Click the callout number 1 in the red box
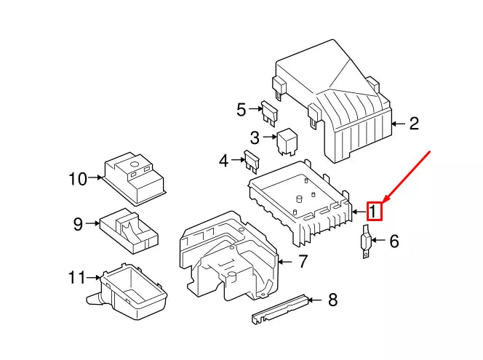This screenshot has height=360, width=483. click(374, 211)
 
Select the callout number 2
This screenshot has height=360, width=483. click(413, 124)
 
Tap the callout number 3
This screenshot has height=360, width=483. click(255, 137)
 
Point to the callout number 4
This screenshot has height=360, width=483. click(225, 159)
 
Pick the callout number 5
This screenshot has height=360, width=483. click(242, 110)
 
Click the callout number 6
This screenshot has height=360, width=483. click(394, 241)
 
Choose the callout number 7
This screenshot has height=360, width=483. click(303, 260)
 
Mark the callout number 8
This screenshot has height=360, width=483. click(332, 298)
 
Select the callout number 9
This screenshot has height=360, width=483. click(78, 224)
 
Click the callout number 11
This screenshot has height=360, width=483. click(77, 277)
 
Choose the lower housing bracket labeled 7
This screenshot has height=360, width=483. click(225, 255)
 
